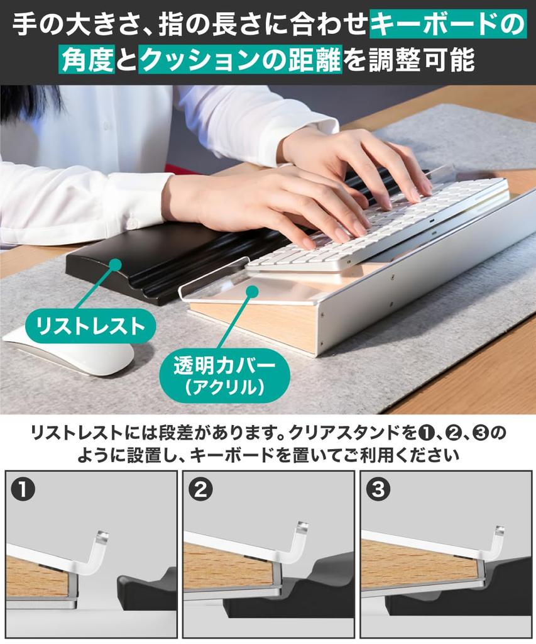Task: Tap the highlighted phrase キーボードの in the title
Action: [447, 25]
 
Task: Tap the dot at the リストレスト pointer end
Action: [114, 265]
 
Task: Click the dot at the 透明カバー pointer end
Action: [251, 291]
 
